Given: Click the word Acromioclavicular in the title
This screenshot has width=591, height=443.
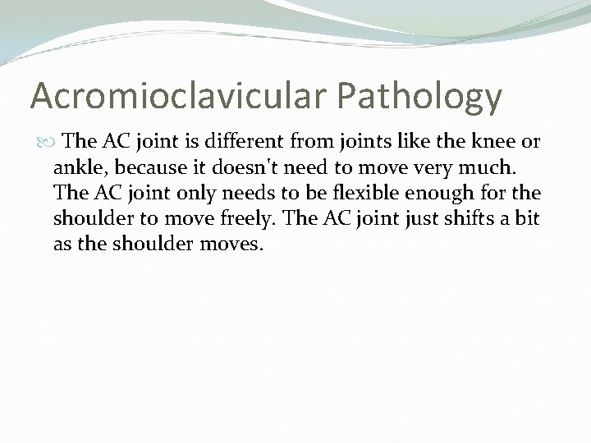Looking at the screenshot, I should (x=168, y=96).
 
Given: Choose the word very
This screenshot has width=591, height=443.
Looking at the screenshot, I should (x=433, y=168).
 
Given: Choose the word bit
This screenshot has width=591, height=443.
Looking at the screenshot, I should (x=528, y=220).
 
